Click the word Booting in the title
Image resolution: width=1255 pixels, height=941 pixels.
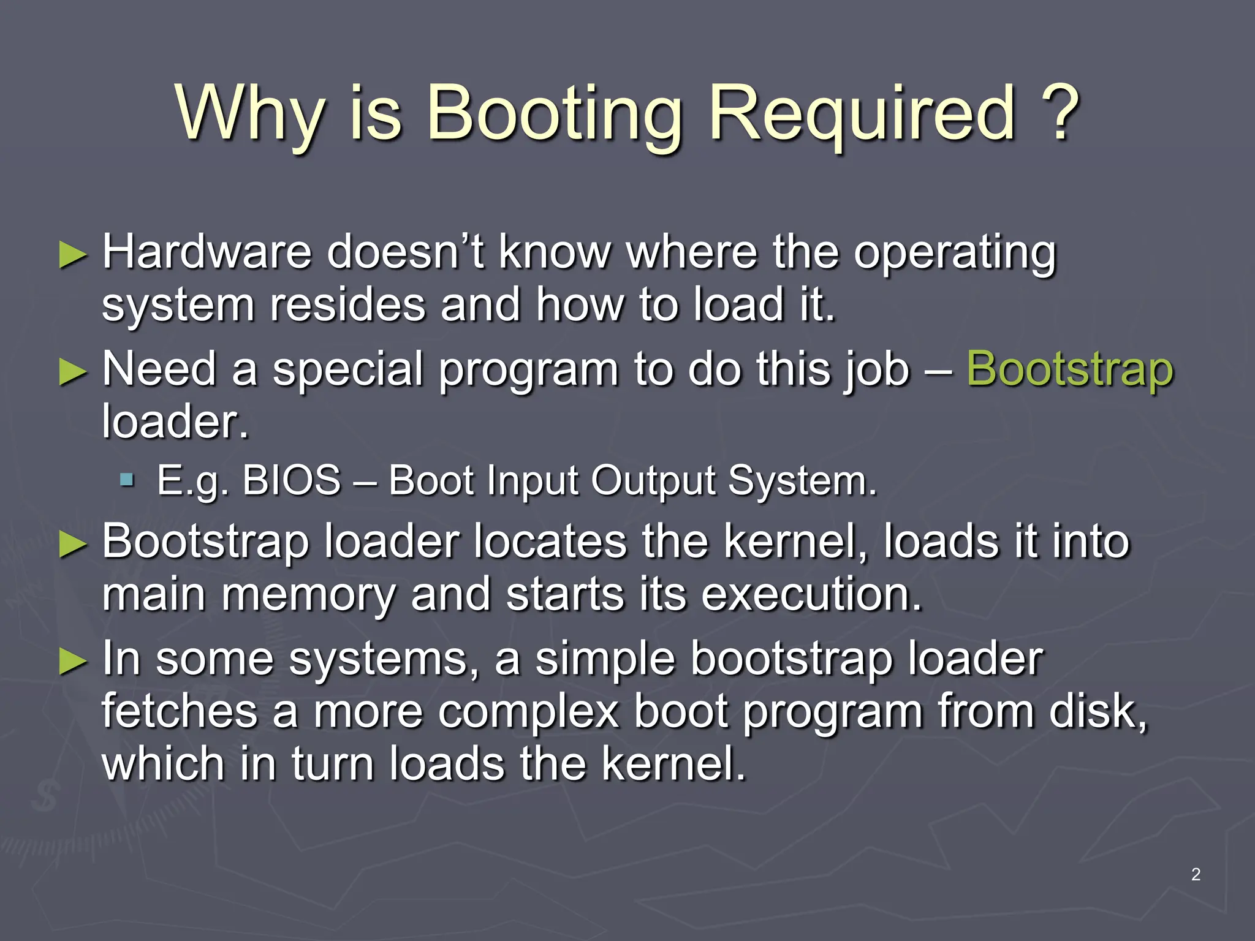[x=553, y=113]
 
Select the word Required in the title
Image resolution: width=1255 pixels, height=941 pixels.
[x=862, y=113]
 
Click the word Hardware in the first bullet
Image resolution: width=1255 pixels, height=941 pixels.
[x=207, y=252]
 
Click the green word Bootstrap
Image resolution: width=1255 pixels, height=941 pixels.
[x=1070, y=370]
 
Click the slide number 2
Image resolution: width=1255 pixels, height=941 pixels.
[x=1196, y=874]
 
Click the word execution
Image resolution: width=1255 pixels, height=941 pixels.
[x=811, y=594]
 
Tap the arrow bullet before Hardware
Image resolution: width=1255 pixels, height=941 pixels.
[x=74, y=255]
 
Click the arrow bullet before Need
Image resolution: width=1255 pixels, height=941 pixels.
[x=74, y=372]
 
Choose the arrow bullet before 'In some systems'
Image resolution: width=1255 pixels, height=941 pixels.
[x=74, y=662]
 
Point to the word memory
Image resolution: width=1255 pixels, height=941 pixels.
[x=308, y=595]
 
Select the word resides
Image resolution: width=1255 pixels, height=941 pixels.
[x=347, y=304]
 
